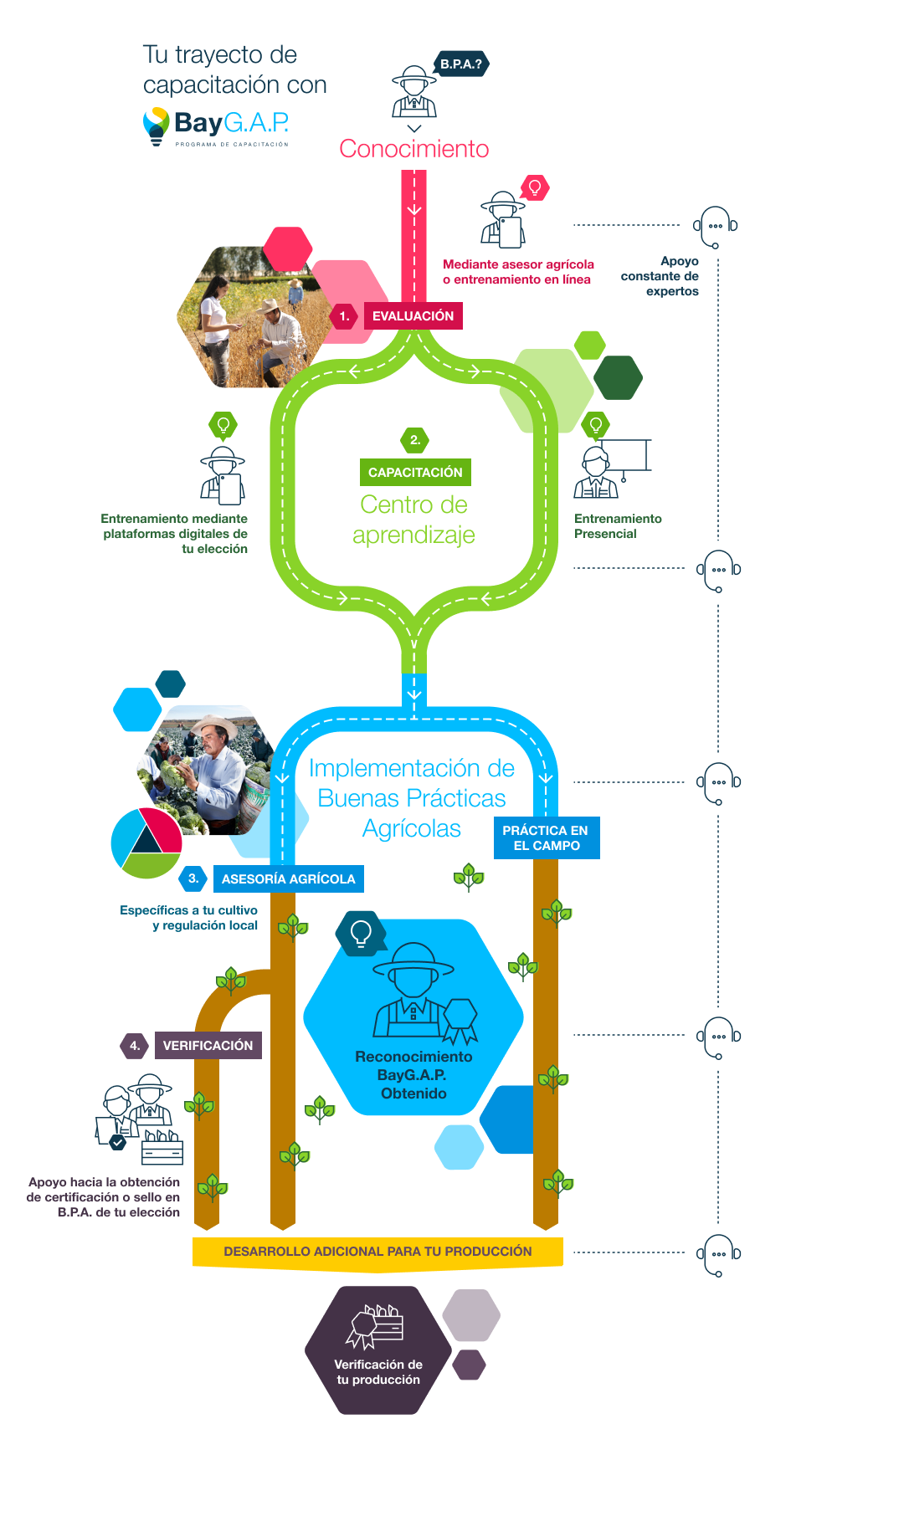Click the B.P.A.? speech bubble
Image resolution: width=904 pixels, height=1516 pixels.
pyautogui.click(x=461, y=64)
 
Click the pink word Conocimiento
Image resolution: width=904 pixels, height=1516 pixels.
pyautogui.click(x=414, y=149)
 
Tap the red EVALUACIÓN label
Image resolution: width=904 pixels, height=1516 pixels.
pyautogui.click(x=413, y=316)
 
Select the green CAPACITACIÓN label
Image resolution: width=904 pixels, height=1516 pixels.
pyautogui.click(x=415, y=473)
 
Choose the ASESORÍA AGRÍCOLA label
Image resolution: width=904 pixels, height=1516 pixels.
pyautogui.click(x=289, y=879)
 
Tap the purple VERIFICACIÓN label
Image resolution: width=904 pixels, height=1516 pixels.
pyautogui.click(x=208, y=1046)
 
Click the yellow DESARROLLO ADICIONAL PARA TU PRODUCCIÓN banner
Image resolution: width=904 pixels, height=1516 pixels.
pyautogui.click(x=378, y=1252)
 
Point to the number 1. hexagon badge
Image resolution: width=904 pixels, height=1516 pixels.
pyautogui.click(x=344, y=316)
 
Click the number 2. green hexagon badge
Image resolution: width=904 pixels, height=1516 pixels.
pyautogui.click(x=414, y=440)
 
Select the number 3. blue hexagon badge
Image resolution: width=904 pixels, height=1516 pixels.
pyautogui.click(x=193, y=878)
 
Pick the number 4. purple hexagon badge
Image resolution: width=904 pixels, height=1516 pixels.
pyautogui.click(x=135, y=1046)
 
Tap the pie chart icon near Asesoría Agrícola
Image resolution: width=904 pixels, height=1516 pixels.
pyautogui.click(x=146, y=843)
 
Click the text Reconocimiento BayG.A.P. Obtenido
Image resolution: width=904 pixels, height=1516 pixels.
pyautogui.click(x=413, y=1075)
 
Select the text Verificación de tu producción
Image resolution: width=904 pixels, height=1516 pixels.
pyautogui.click(x=378, y=1372)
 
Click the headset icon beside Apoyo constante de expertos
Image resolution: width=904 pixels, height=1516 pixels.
pyautogui.click(x=716, y=227)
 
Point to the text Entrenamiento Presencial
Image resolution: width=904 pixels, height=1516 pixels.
pyautogui.click(x=618, y=526)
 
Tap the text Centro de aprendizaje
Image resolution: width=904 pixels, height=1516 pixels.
pyautogui.click(x=413, y=520)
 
